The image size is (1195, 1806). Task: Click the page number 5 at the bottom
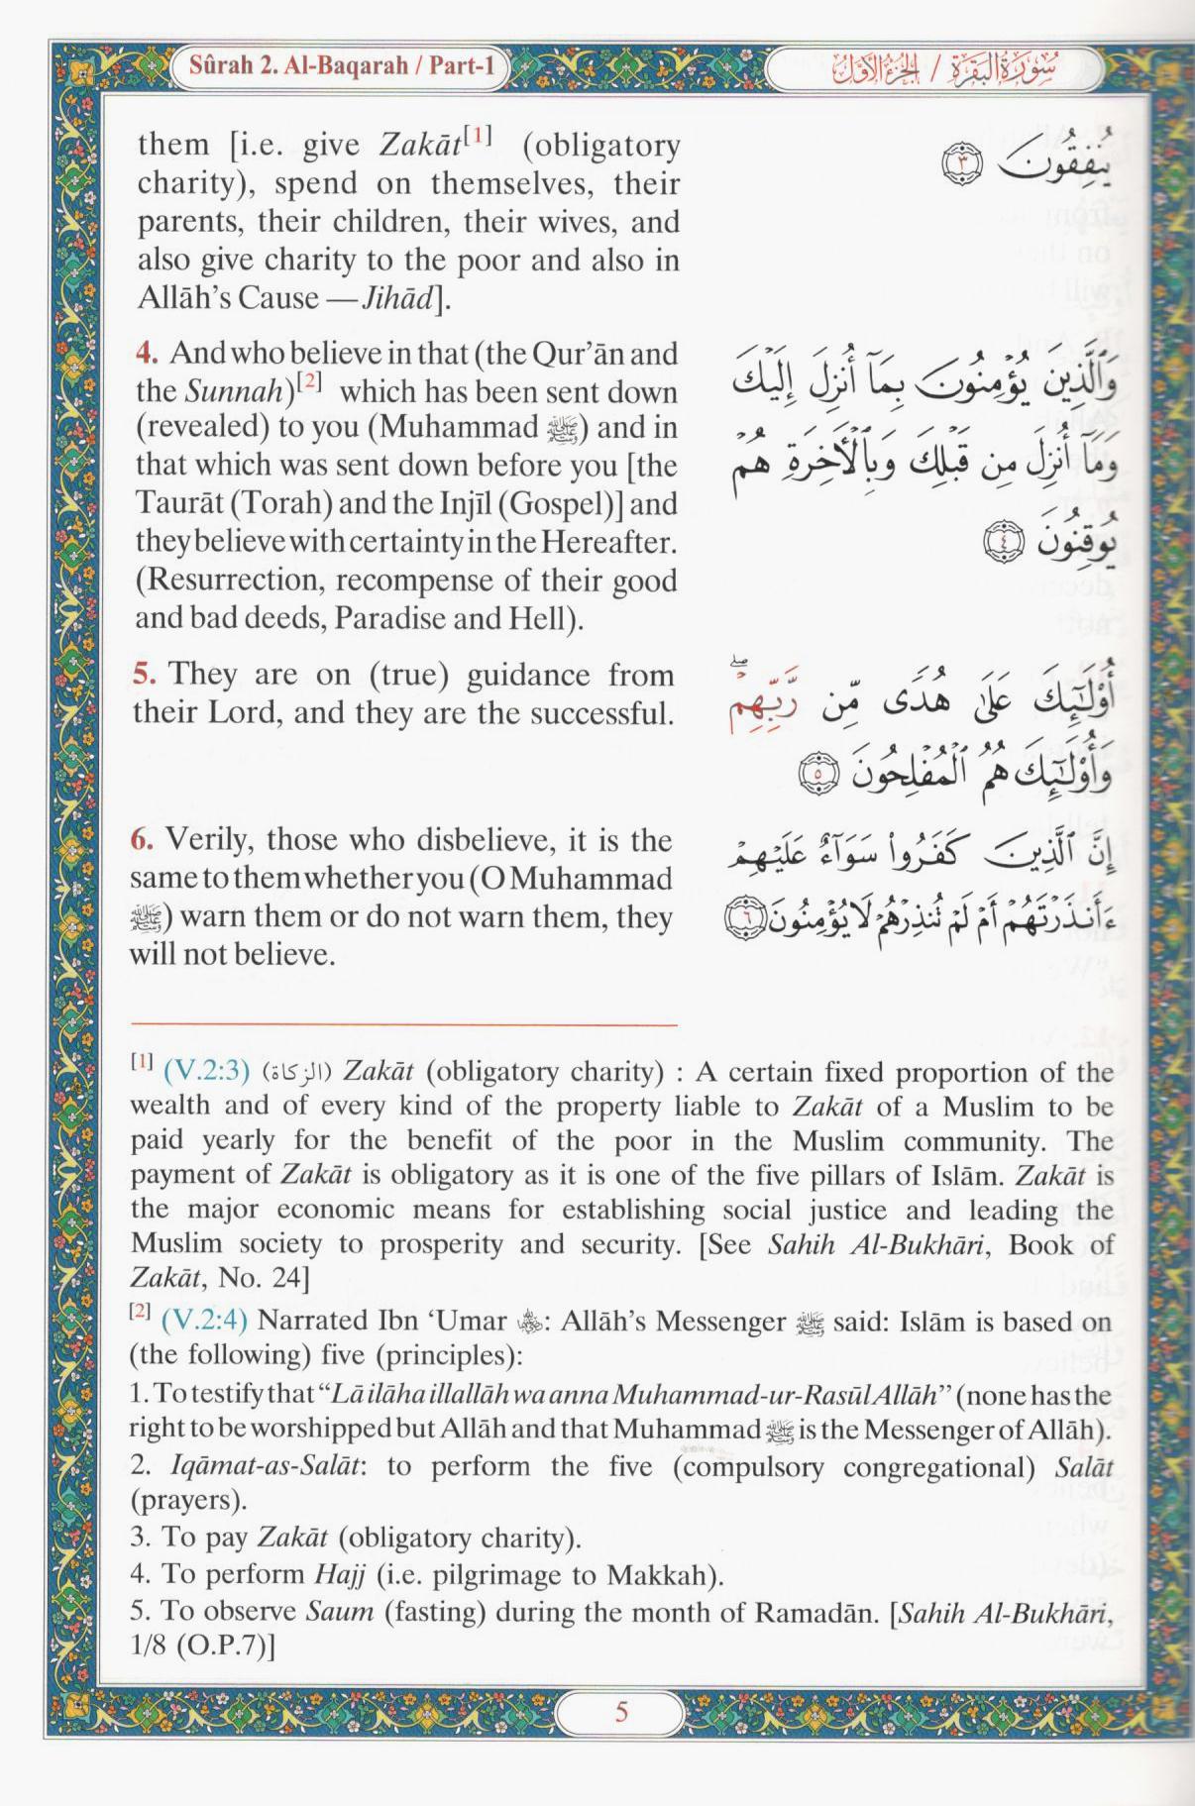621,1712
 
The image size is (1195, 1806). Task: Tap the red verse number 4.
147,353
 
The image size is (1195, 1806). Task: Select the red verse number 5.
144,675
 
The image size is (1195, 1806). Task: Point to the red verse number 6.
142,840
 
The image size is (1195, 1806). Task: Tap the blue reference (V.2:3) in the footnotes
206,1071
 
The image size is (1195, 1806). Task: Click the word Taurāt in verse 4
179,503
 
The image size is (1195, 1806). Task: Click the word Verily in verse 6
205,840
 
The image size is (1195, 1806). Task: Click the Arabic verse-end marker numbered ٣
960,163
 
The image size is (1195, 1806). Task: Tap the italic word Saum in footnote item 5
339,1611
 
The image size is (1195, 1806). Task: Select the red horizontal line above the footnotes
403,1024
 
